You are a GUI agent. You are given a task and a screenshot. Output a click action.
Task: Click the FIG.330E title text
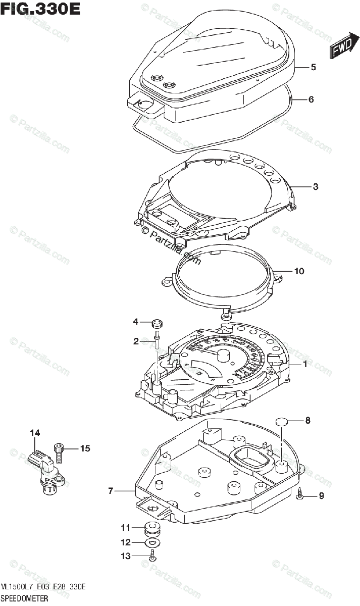(x=40, y=10)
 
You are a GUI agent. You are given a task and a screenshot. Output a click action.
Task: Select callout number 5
(x=313, y=67)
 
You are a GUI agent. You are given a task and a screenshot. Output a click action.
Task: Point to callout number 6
(x=311, y=99)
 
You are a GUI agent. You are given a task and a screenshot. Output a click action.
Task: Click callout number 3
(x=315, y=187)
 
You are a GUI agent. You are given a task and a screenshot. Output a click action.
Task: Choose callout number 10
(x=299, y=271)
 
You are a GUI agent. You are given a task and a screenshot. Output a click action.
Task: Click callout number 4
(x=135, y=322)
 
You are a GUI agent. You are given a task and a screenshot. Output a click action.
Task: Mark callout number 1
(x=305, y=364)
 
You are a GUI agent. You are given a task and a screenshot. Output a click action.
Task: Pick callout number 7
(x=110, y=490)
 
